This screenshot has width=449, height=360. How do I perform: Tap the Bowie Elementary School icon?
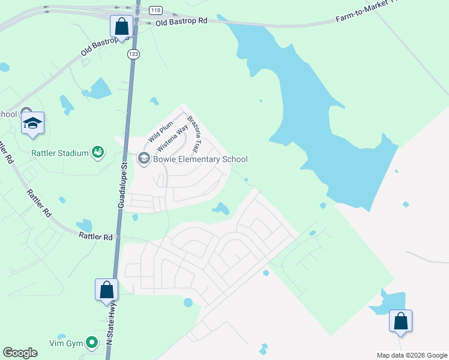(143, 158)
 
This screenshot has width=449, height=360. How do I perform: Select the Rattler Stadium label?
(60, 153)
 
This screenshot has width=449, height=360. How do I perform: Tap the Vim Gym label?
(65, 343)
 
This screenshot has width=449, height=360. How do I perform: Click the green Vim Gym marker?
(91, 343)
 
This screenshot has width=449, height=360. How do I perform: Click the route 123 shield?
(133, 54)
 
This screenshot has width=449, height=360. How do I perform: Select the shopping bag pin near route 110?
(122, 27)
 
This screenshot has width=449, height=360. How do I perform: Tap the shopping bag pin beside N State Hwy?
(107, 290)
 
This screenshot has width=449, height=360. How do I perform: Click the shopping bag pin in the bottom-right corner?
(400, 321)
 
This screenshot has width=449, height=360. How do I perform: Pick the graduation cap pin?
(32, 124)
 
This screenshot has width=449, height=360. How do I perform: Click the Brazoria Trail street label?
(193, 134)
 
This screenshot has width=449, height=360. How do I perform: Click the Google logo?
(20, 353)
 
